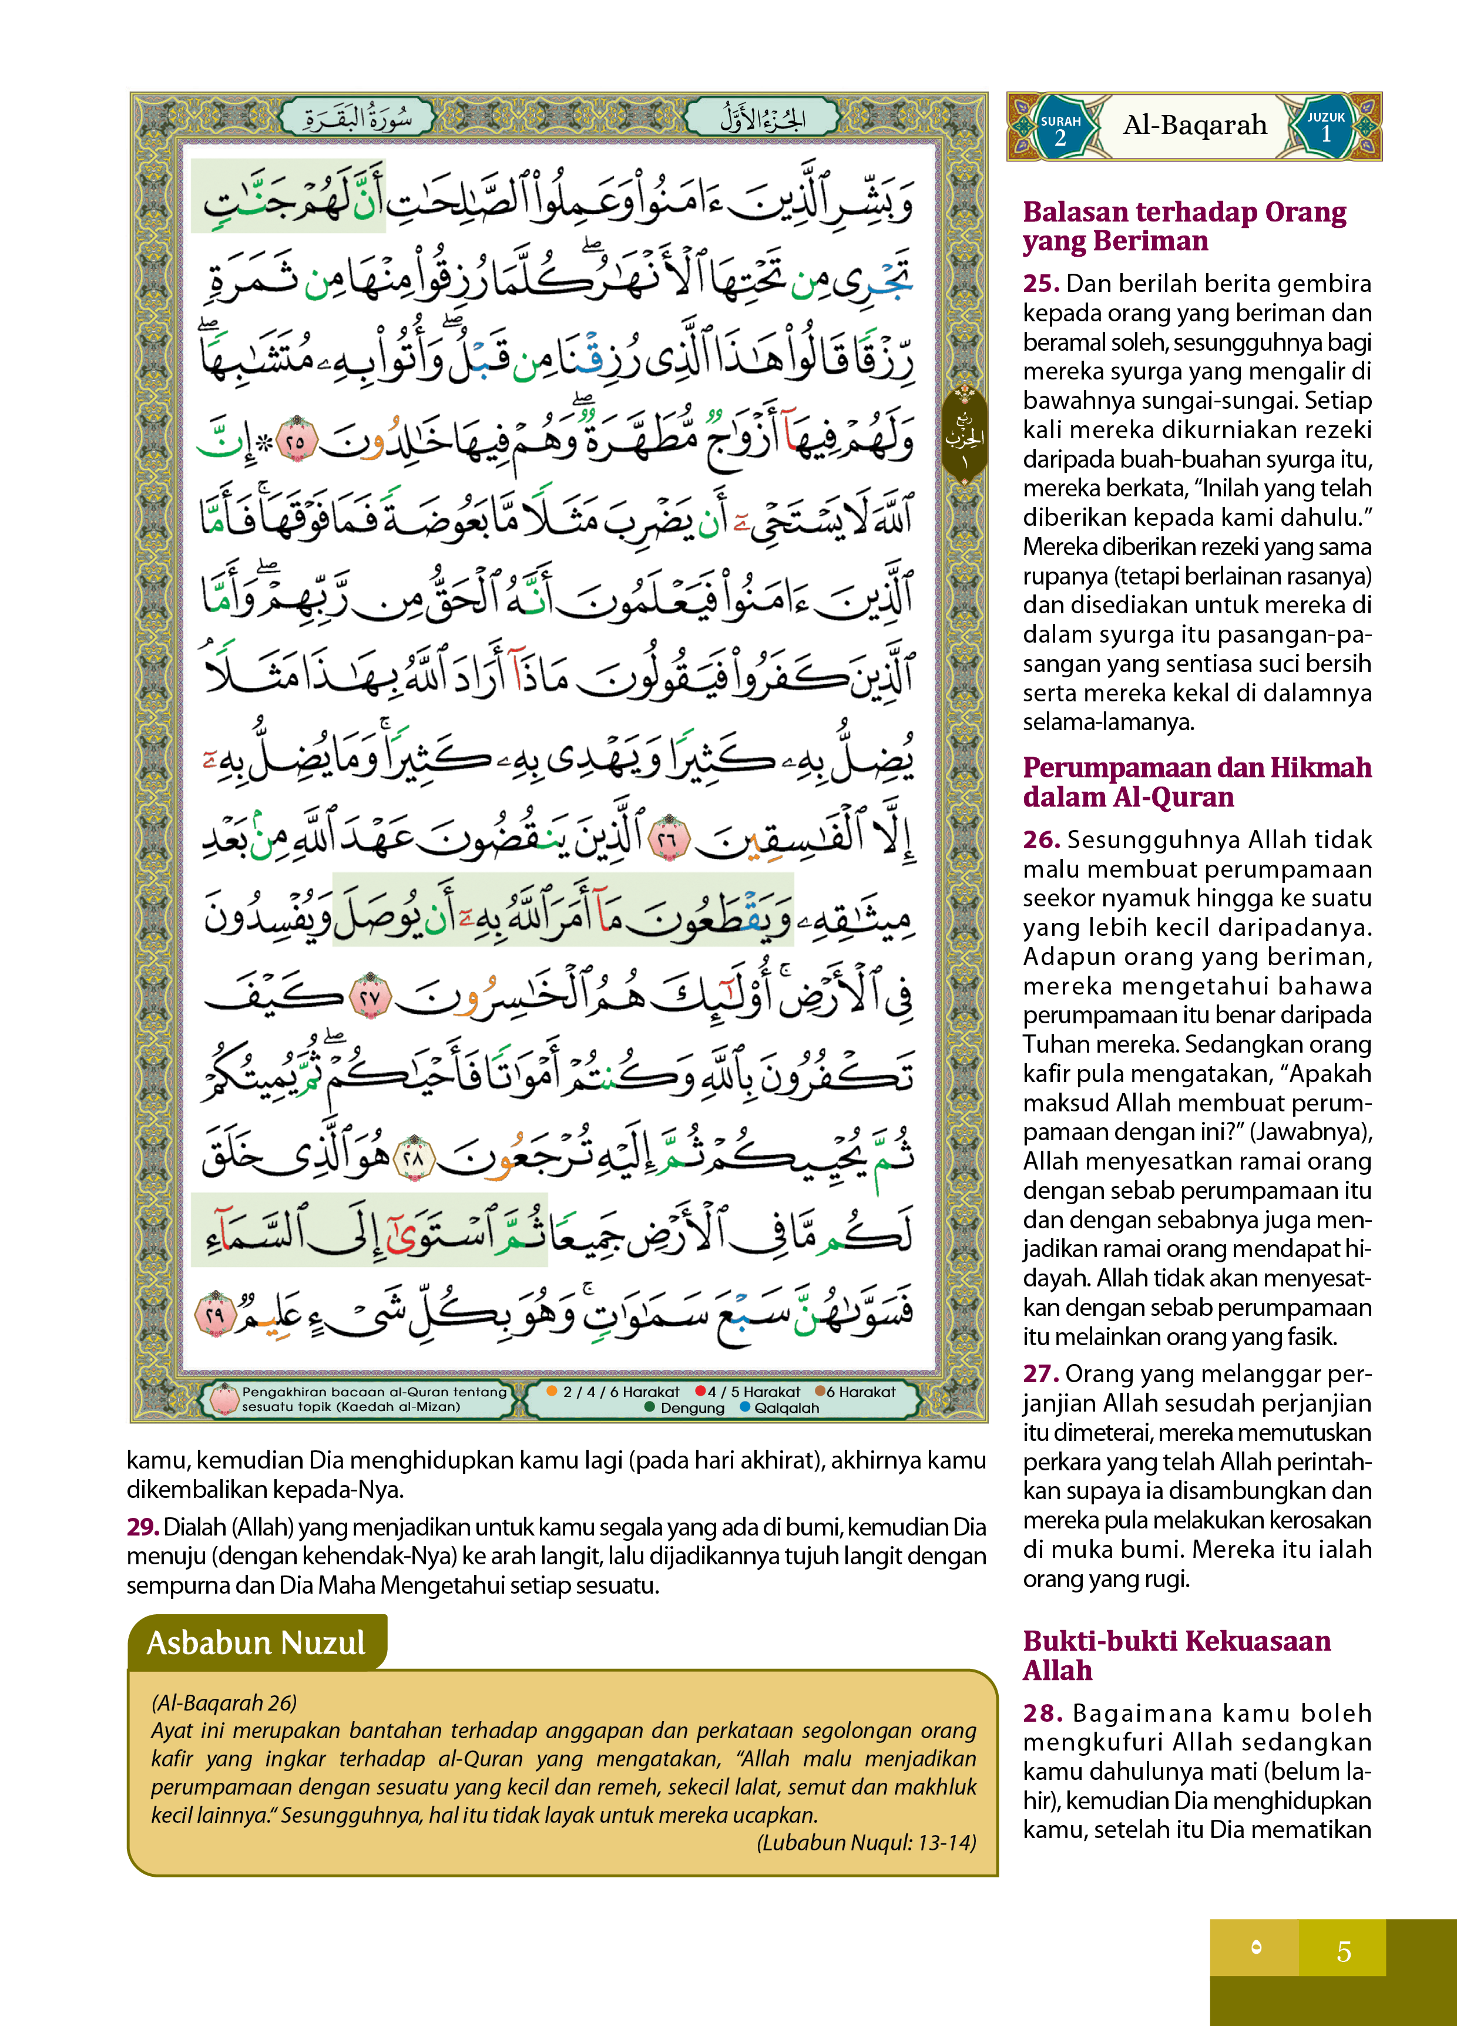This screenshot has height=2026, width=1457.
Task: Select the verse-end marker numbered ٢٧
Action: pyautogui.click(x=370, y=999)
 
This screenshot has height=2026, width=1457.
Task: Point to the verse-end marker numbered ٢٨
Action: pyautogui.click(x=414, y=1158)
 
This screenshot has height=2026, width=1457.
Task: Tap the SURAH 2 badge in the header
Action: pyautogui.click(x=1060, y=127)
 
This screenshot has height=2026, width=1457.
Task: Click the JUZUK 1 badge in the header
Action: pyautogui.click(x=1325, y=127)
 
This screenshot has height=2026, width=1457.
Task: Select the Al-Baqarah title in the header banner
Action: pyautogui.click(x=1194, y=125)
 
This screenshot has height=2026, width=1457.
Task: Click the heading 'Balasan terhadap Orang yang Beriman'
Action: pyautogui.click(x=1184, y=226)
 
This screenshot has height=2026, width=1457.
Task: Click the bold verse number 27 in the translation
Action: pyautogui.click(x=1040, y=1373)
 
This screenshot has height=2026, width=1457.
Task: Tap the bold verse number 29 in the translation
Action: pyautogui.click(x=142, y=1527)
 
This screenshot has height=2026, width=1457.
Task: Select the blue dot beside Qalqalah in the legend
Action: pyautogui.click(x=745, y=1408)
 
